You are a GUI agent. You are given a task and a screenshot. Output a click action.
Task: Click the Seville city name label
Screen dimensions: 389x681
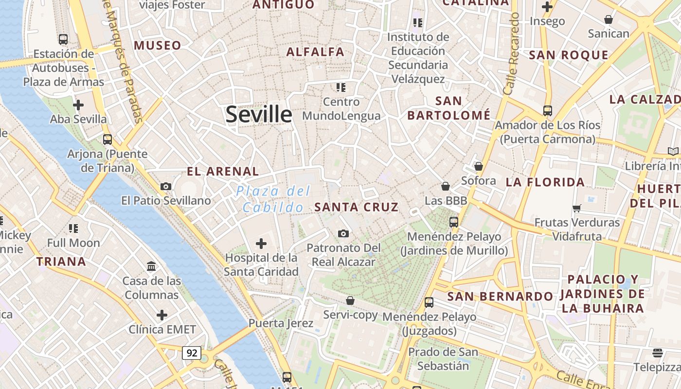coord(259,114)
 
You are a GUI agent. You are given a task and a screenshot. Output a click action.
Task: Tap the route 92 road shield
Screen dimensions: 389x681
coord(192,353)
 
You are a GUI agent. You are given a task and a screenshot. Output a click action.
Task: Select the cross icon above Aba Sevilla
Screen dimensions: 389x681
coord(78,105)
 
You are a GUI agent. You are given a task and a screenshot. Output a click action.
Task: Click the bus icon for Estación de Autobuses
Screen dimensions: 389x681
coord(63,39)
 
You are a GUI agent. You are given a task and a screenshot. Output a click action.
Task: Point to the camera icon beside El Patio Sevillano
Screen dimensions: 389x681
coord(166,186)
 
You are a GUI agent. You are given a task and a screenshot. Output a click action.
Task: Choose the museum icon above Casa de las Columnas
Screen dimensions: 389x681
coord(151,266)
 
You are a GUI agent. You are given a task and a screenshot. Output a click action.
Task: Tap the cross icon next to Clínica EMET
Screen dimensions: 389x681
coord(162,315)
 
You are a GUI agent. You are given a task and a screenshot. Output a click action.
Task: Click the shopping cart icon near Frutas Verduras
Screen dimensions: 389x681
coord(577,208)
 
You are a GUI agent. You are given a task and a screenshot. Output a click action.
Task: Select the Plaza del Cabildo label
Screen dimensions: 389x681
coord(273,199)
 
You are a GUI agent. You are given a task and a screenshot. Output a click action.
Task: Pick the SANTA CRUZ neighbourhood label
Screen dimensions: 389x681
coord(357,207)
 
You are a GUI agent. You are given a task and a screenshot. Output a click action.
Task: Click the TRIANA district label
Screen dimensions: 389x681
coord(61,262)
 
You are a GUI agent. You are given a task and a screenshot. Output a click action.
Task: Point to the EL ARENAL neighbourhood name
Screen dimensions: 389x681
coord(223,171)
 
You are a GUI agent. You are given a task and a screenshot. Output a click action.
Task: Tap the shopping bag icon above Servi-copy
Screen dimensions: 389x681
coord(350,301)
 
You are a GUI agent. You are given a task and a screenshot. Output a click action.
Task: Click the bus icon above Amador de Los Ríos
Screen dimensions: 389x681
coord(548,110)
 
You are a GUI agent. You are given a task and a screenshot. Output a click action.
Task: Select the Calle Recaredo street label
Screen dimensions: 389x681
coord(512,54)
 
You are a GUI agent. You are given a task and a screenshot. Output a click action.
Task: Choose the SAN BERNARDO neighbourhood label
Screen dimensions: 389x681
coord(500,296)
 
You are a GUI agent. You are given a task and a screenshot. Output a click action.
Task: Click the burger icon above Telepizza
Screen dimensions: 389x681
coord(658,353)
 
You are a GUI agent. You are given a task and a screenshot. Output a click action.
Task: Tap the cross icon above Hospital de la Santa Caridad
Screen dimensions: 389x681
coord(261,243)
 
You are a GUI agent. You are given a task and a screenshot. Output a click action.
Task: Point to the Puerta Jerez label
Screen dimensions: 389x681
coord(281,323)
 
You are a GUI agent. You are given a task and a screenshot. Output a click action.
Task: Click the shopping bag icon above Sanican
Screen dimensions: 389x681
coord(608,19)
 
